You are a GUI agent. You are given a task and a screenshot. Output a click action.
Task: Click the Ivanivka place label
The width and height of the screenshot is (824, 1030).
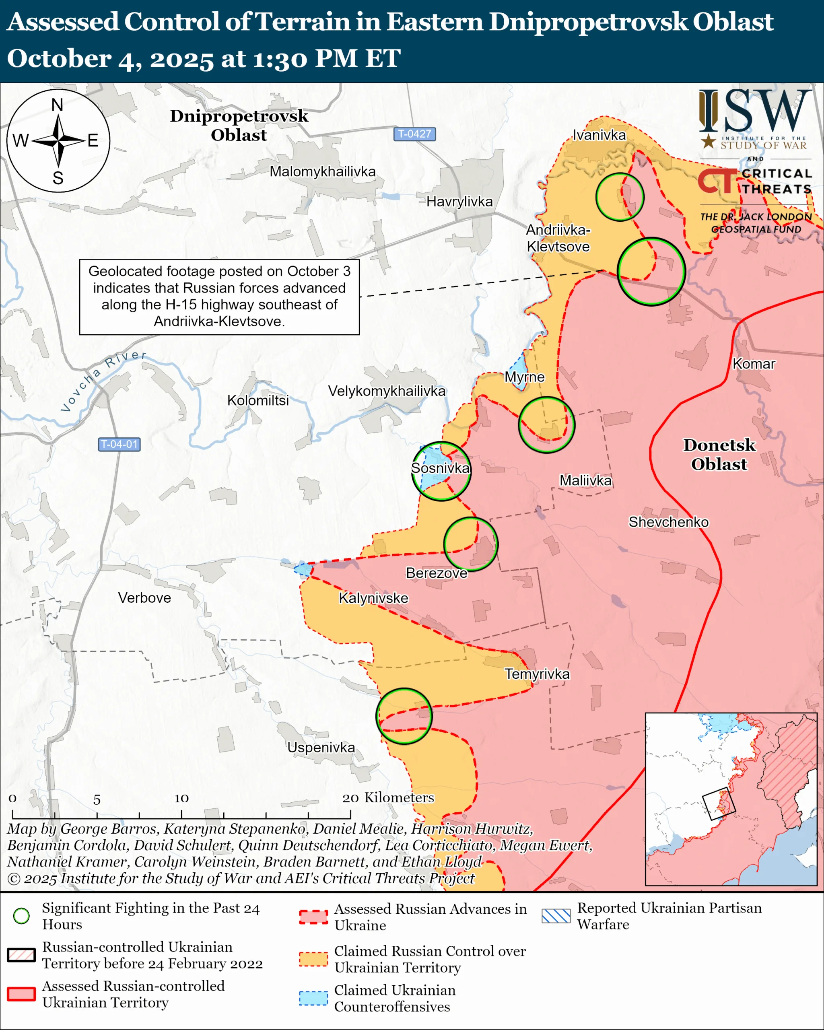click(x=599, y=135)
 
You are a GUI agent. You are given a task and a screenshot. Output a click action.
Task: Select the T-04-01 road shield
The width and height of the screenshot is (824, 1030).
click(x=119, y=444)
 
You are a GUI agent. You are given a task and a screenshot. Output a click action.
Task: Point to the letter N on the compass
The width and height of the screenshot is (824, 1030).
click(x=57, y=105)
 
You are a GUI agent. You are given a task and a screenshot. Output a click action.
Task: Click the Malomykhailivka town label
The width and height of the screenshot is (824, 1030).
click(x=322, y=171)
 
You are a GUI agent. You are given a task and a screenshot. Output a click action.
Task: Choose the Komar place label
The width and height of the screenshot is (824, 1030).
click(x=753, y=364)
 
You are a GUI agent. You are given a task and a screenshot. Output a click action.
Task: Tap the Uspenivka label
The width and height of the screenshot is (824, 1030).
click(x=321, y=747)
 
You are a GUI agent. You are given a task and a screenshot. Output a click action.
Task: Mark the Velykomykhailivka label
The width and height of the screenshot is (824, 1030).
click(x=386, y=391)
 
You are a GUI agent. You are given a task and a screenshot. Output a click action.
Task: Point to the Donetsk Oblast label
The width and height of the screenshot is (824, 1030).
click(x=719, y=454)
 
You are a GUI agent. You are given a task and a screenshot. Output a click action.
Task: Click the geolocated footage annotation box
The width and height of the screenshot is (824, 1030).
click(x=219, y=297)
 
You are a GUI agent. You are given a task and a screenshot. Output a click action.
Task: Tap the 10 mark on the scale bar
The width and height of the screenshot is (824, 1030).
click(x=181, y=798)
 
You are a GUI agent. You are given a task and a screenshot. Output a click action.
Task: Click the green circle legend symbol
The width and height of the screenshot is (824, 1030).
click(x=21, y=916)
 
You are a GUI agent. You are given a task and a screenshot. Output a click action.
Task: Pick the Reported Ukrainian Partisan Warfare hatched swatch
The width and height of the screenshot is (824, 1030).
click(x=556, y=916)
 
